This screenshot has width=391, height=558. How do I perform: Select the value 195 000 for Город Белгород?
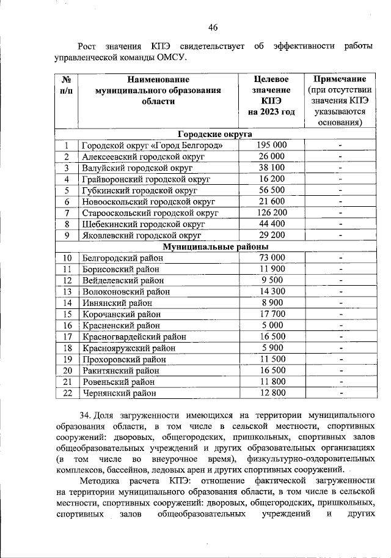(x=272, y=146)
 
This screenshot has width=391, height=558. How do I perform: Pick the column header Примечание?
(x=340, y=80)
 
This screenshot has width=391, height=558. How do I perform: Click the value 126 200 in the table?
(x=272, y=213)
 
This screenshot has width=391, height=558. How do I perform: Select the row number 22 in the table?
(x=68, y=393)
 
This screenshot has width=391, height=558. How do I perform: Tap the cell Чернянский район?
(x=119, y=393)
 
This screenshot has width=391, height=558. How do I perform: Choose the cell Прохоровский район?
(x=125, y=359)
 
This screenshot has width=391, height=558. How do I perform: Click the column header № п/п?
(x=67, y=85)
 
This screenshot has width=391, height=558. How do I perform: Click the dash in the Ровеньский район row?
(x=341, y=382)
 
